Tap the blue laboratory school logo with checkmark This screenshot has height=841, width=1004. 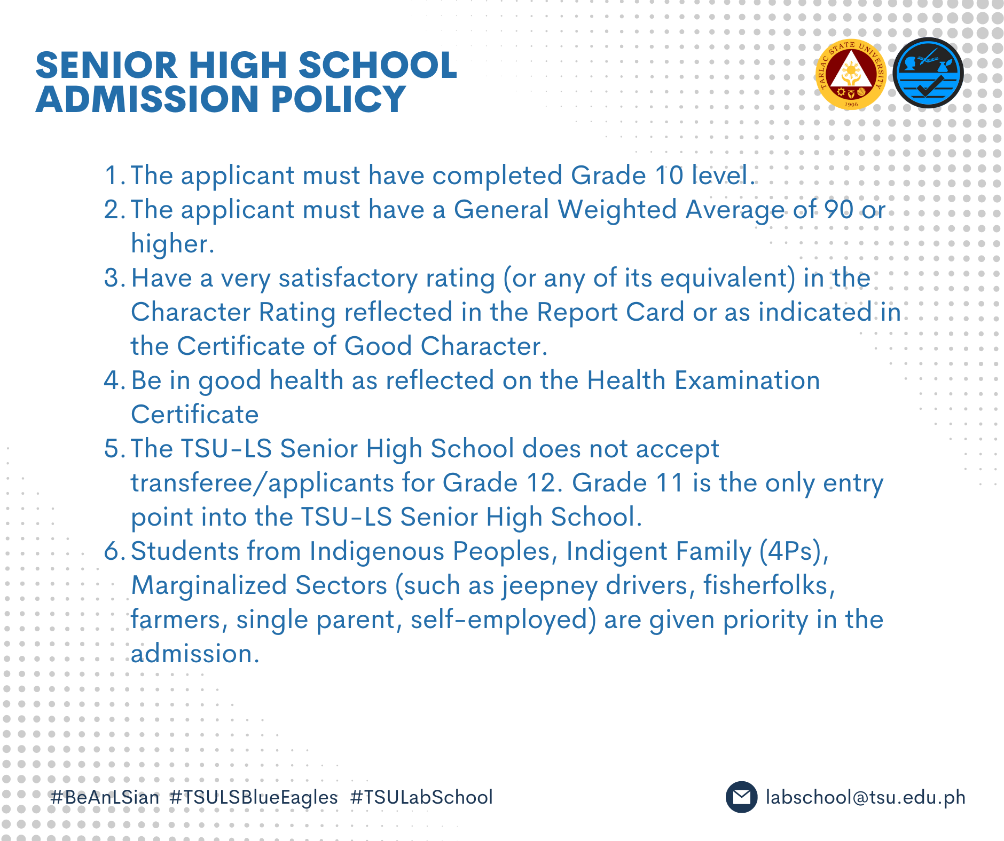928,73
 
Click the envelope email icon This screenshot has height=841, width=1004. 741,797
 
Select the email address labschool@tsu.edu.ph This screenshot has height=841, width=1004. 865,797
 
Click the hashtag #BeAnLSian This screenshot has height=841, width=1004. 105,797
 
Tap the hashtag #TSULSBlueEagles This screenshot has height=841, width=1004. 254,797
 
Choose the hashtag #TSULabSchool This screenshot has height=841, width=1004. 421,797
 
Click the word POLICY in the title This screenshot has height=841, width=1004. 339,99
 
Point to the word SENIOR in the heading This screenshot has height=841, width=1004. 106,65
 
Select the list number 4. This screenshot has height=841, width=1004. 112,380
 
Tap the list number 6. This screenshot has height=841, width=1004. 112,551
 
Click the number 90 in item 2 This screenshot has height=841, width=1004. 838,210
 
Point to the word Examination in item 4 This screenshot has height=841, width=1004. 747,380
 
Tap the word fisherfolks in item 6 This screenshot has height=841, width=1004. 769,585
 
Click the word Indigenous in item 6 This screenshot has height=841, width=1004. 377,552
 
